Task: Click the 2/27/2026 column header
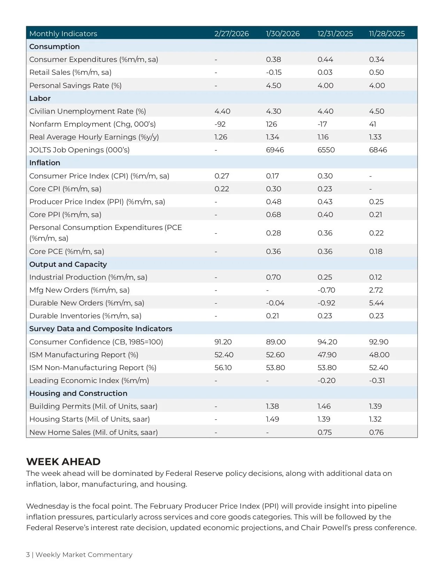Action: click(x=232, y=34)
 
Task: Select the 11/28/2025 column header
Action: click(x=387, y=34)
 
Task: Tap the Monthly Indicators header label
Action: click(x=63, y=34)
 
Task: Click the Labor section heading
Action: click(x=40, y=98)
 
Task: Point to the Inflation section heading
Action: click(x=45, y=163)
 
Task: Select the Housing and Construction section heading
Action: click(x=78, y=393)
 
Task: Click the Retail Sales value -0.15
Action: click(x=274, y=72)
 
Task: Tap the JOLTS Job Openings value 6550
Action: click(x=326, y=150)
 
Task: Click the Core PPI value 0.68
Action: click(x=273, y=215)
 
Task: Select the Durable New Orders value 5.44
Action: click(x=376, y=303)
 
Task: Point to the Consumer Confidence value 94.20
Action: click(x=327, y=342)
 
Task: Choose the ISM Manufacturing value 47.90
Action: click(x=327, y=355)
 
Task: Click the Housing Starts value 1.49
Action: click(x=272, y=419)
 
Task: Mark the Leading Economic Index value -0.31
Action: click(x=377, y=381)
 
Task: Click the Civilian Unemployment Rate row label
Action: click(x=88, y=111)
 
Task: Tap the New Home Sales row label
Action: click(x=94, y=432)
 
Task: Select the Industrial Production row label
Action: click(x=88, y=277)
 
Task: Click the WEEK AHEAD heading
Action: click(x=63, y=462)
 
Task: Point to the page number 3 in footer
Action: click(x=28, y=555)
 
